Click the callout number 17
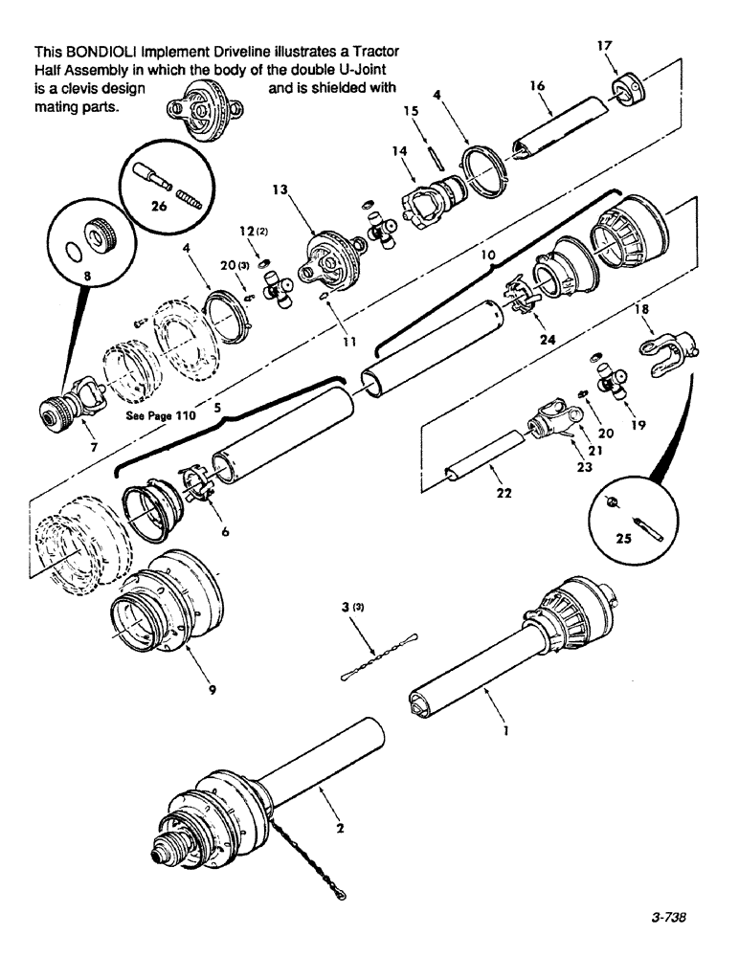coord(604,44)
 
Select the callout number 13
coord(279,189)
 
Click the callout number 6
coord(225,533)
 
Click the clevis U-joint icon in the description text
coord(202,106)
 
